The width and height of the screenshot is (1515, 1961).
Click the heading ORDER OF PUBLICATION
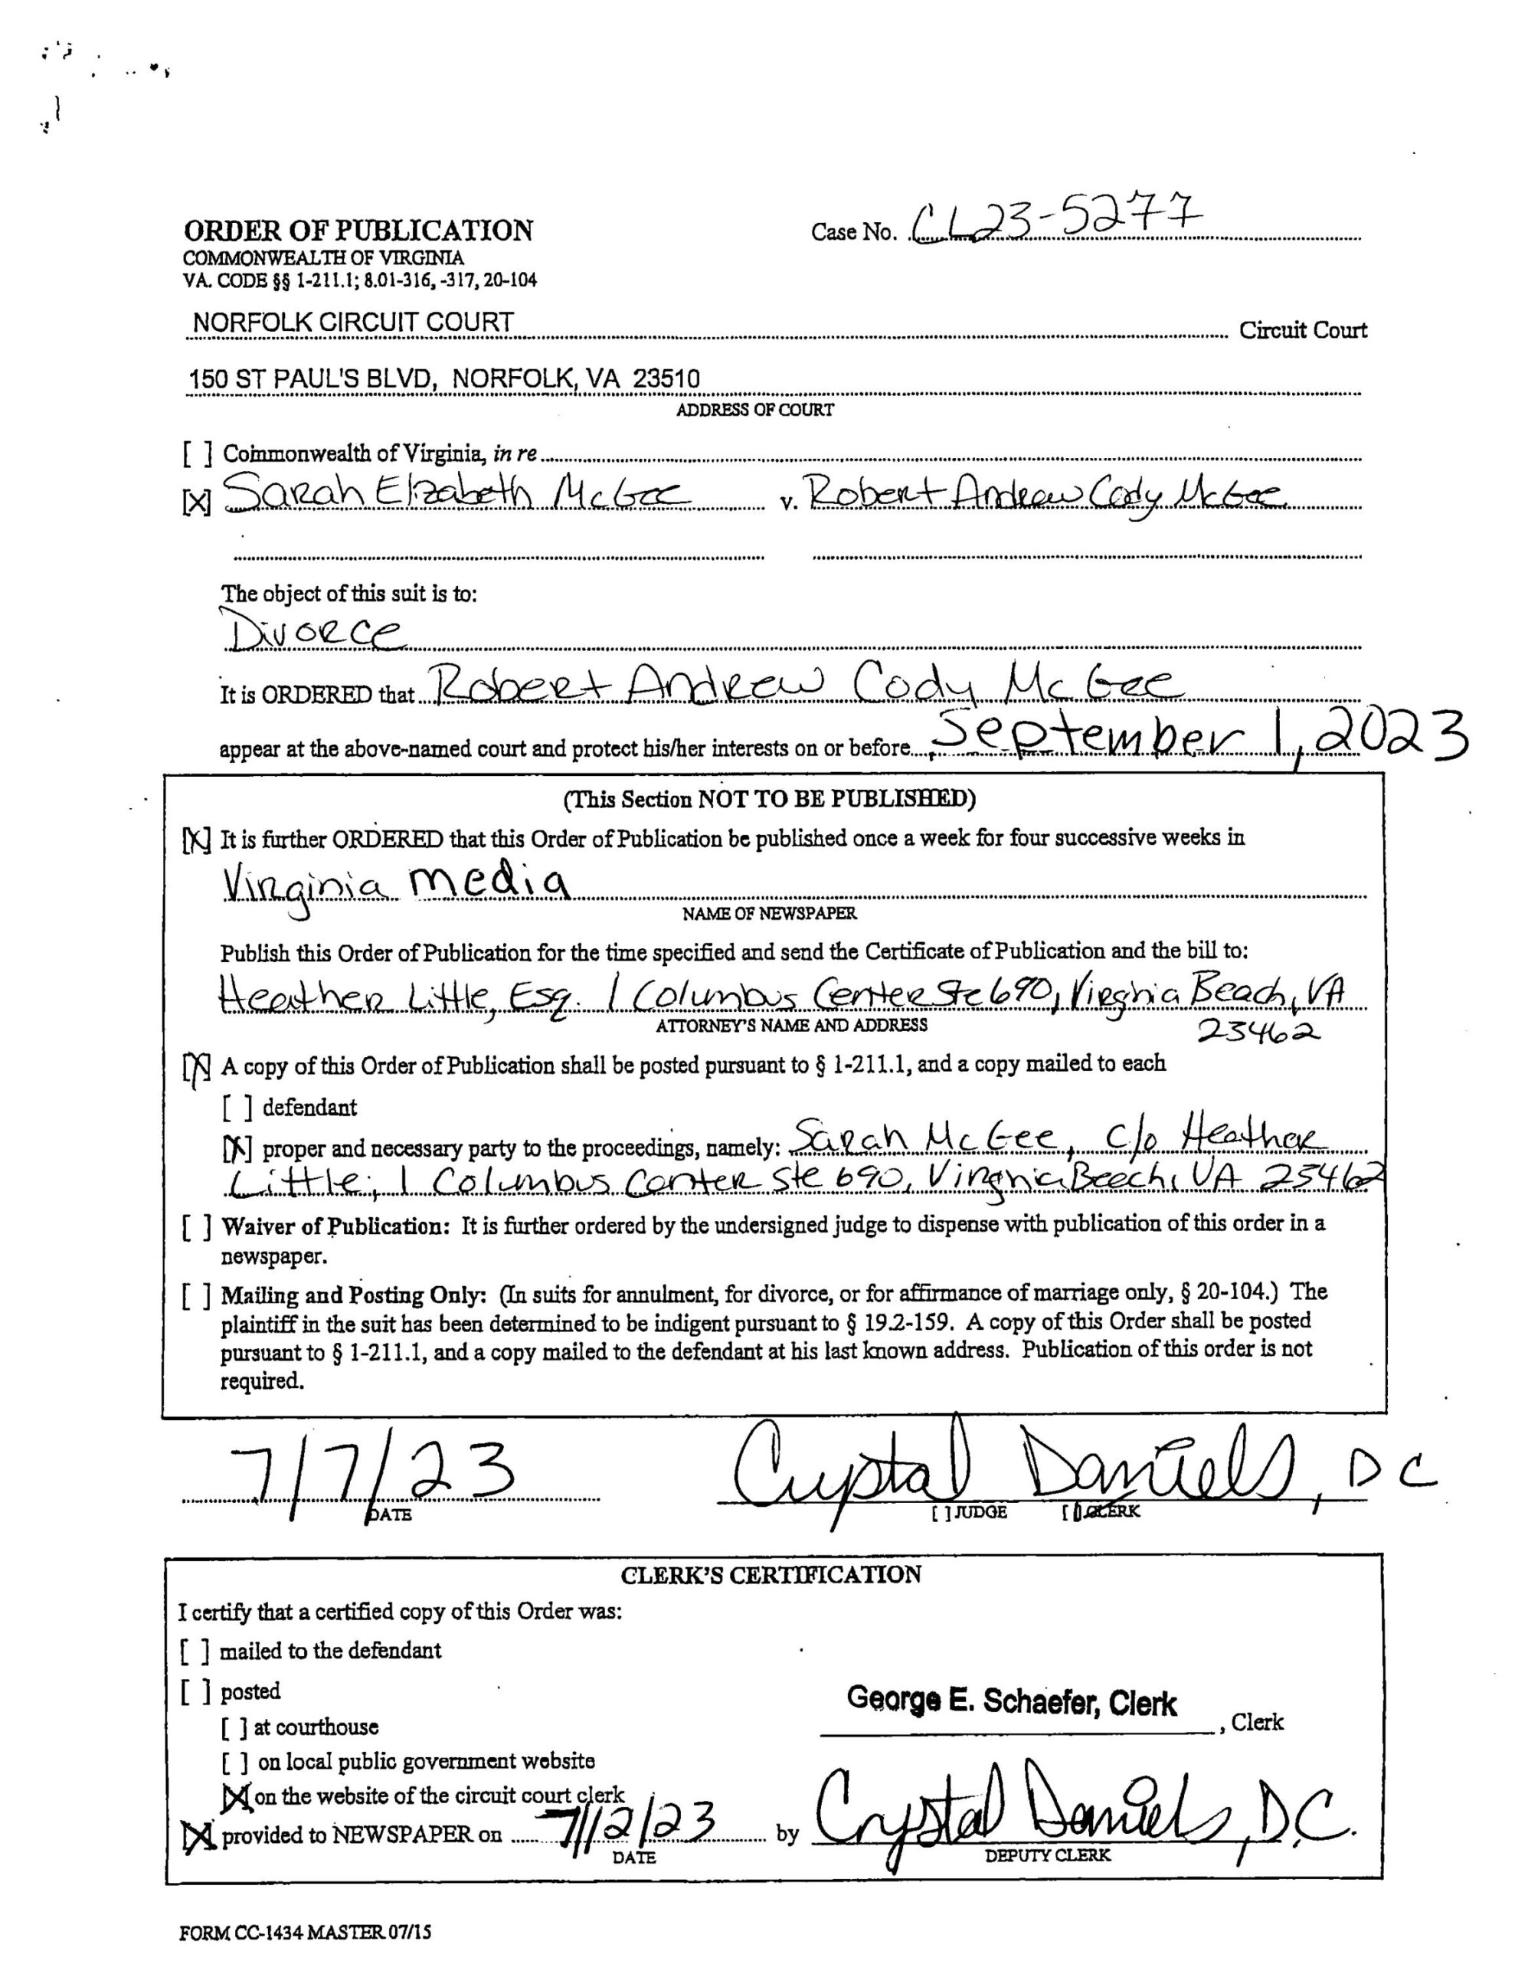tap(358, 231)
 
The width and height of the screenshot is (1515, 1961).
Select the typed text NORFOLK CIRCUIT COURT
tap(353, 322)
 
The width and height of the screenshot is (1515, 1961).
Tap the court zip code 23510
tap(666, 379)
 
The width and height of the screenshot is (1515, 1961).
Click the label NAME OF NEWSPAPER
tap(769, 914)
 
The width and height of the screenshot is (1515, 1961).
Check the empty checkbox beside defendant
tap(237, 1108)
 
